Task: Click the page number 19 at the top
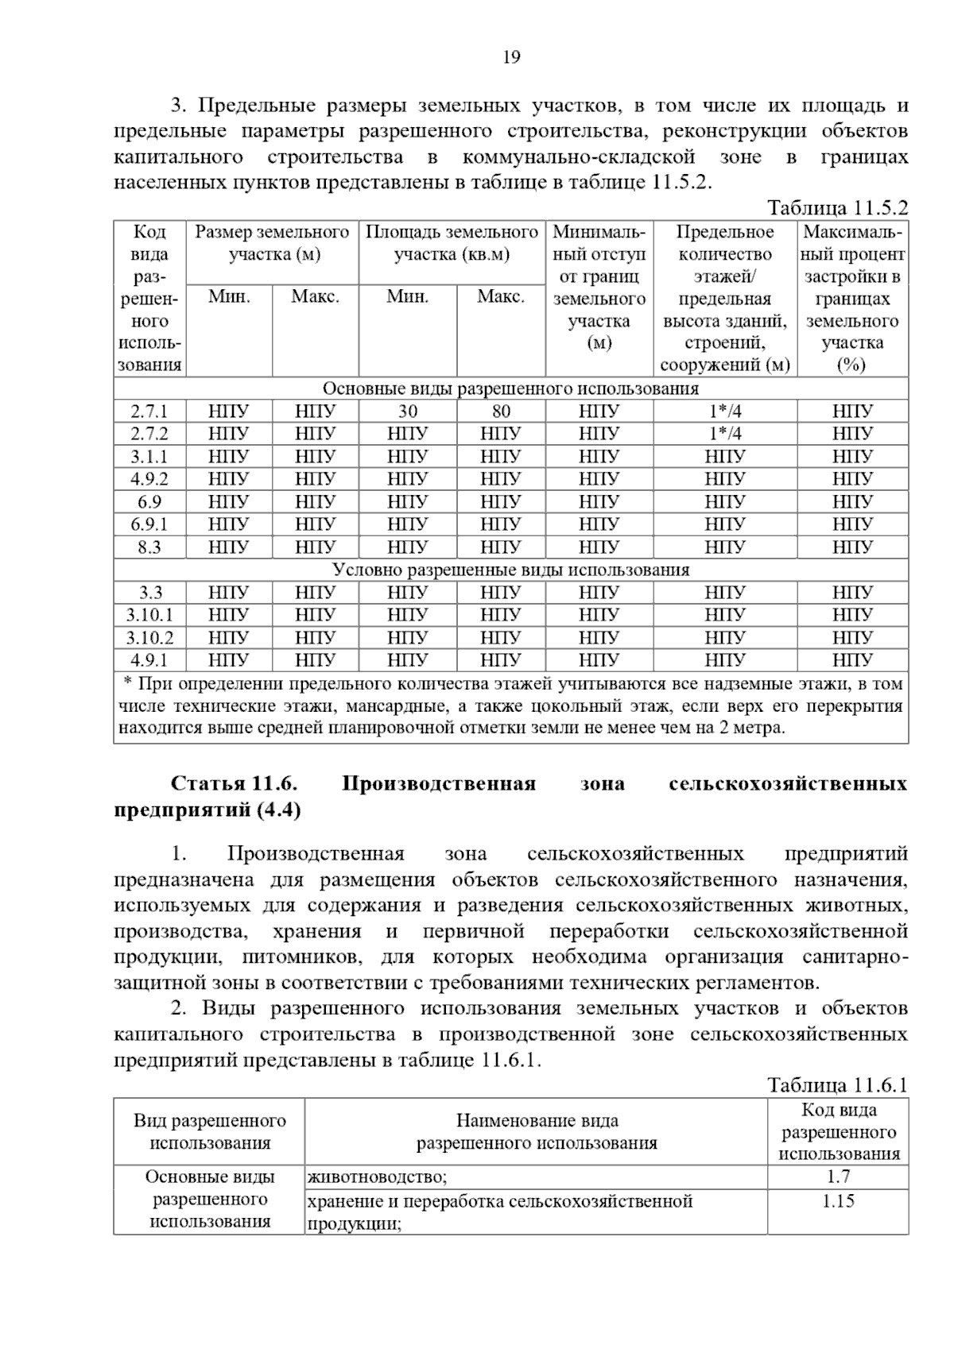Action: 511,57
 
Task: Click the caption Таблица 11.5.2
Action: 836,208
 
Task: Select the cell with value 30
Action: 407,412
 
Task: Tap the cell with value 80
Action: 501,412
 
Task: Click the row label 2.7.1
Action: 149,412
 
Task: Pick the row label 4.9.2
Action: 149,479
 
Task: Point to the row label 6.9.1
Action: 149,524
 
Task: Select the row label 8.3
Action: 149,547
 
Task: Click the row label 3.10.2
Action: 149,638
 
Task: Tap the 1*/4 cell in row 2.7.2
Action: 724,434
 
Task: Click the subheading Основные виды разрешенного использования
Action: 510,388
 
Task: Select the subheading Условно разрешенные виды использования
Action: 510,570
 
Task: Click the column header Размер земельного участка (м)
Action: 272,243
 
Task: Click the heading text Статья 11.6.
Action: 234,783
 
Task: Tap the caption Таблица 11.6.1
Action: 836,1085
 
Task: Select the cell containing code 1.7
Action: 838,1177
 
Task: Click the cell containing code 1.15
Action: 838,1200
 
